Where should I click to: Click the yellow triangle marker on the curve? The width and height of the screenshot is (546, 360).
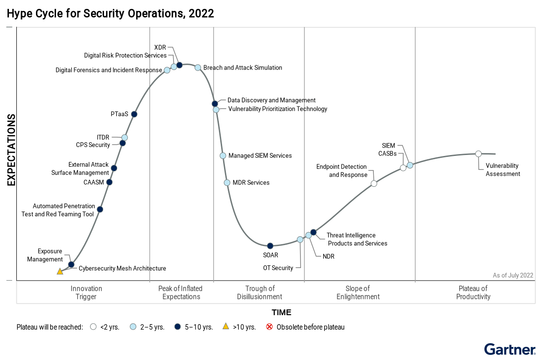coord(60,271)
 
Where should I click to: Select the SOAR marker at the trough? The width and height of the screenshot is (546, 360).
coord(270,246)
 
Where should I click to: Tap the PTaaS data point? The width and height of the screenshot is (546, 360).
coord(134,114)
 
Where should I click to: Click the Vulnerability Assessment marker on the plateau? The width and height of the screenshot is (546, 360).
coord(478,154)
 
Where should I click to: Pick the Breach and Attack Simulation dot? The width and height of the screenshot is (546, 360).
coord(198,67)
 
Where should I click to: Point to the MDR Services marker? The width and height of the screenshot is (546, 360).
coord(227,183)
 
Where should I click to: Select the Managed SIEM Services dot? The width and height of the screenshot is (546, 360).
coord(223,155)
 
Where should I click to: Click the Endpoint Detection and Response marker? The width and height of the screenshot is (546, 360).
coord(374,184)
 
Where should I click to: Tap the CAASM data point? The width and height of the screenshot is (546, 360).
coord(109,182)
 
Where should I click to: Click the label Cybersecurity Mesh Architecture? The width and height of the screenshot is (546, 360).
coord(122,268)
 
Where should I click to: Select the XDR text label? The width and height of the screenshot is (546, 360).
coord(160,47)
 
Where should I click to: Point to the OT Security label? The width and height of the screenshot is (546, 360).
coord(278,268)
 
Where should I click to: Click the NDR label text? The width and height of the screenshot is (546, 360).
coord(329,256)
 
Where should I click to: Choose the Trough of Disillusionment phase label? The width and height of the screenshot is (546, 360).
coord(259,292)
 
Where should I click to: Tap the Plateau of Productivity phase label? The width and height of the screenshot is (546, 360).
coord(473,292)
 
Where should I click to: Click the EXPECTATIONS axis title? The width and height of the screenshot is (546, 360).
coord(11,150)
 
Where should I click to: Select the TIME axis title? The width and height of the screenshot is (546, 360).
coord(281,312)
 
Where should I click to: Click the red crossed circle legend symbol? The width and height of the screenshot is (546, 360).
coord(269,327)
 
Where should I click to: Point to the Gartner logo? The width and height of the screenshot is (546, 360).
coord(510,350)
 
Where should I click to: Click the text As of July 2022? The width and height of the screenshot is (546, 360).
coord(513,275)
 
